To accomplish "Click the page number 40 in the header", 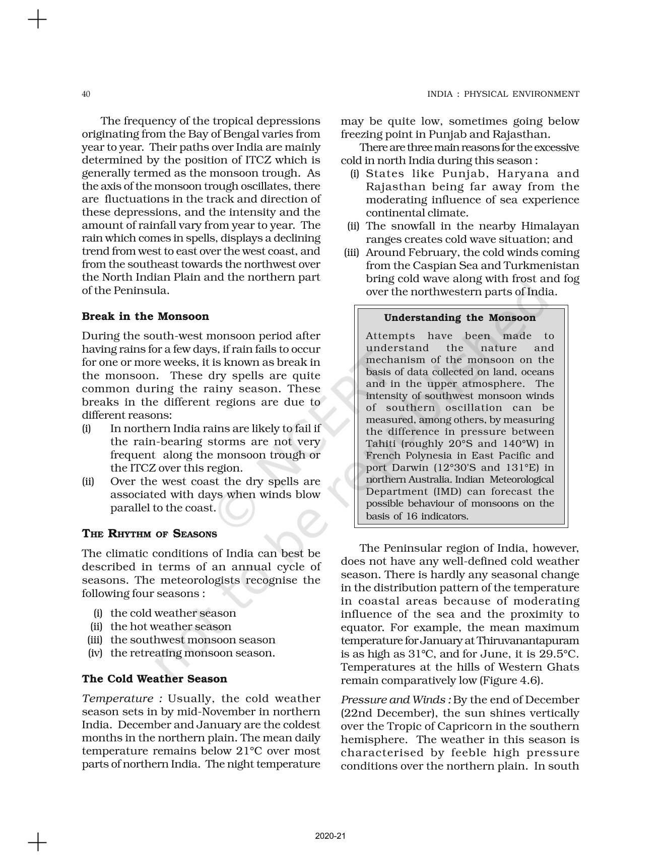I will coord(86,94).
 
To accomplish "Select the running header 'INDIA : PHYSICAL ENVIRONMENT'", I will coord(503,94).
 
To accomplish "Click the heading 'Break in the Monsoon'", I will coord(145,316).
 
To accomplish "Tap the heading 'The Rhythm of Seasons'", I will coord(149,534).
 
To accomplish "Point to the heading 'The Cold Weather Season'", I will coord(154,679).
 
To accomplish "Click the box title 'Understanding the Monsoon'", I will coord(459,318).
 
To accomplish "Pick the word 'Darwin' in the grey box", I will coord(408,468).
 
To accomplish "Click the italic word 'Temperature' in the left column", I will coord(118,699).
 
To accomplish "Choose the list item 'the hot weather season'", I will coord(170,627).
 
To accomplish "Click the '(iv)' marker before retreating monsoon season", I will coord(95,653).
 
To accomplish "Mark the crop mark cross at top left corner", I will coord(37,21).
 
